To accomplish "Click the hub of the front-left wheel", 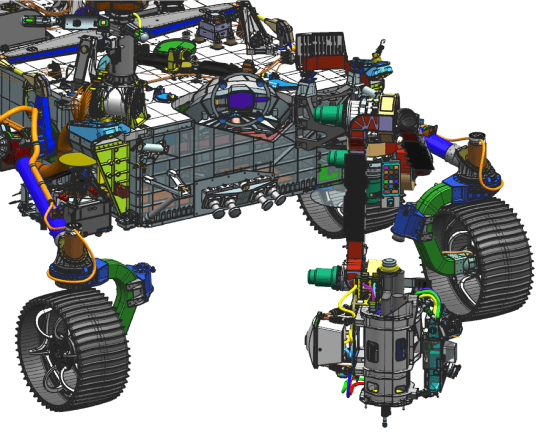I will click(55, 350).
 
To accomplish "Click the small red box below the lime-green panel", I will click(124, 192).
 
